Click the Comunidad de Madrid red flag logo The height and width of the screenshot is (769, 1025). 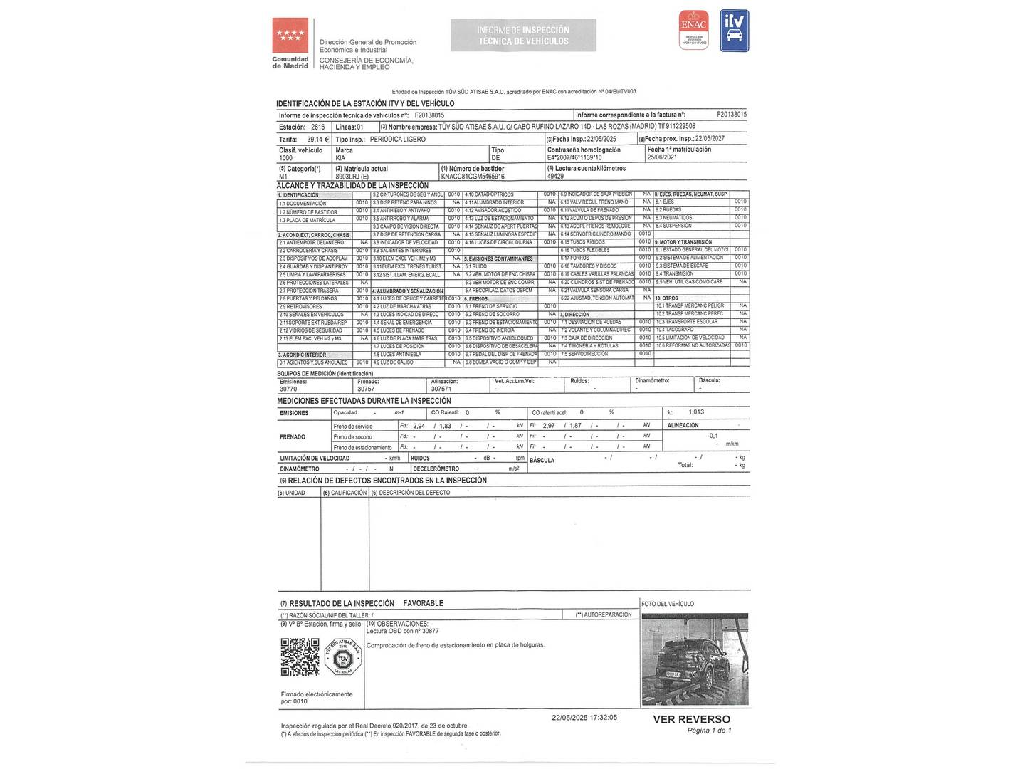coord(290,36)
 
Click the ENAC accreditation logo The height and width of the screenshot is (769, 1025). coord(694,30)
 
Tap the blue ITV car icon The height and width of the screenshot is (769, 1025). coord(735,31)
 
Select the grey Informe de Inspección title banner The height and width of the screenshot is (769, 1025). coord(523,36)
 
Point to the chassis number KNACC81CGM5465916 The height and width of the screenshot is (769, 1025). coord(473,176)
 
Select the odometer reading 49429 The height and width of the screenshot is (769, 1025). coord(555,176)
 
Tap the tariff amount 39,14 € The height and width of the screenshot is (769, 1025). coord(314,140)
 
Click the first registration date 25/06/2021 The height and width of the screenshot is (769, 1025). coord(662,158)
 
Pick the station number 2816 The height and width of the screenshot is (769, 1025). coord(317,127)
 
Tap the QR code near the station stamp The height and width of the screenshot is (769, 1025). coord(300,656)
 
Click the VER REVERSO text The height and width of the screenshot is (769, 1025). coord(691,719)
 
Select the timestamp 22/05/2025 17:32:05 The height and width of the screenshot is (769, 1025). coord(584,718)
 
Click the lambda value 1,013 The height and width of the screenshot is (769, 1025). coord(696,412)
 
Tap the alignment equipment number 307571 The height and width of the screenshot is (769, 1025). coord(441,389)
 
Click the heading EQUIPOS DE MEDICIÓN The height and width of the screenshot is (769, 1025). coord(325,373)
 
